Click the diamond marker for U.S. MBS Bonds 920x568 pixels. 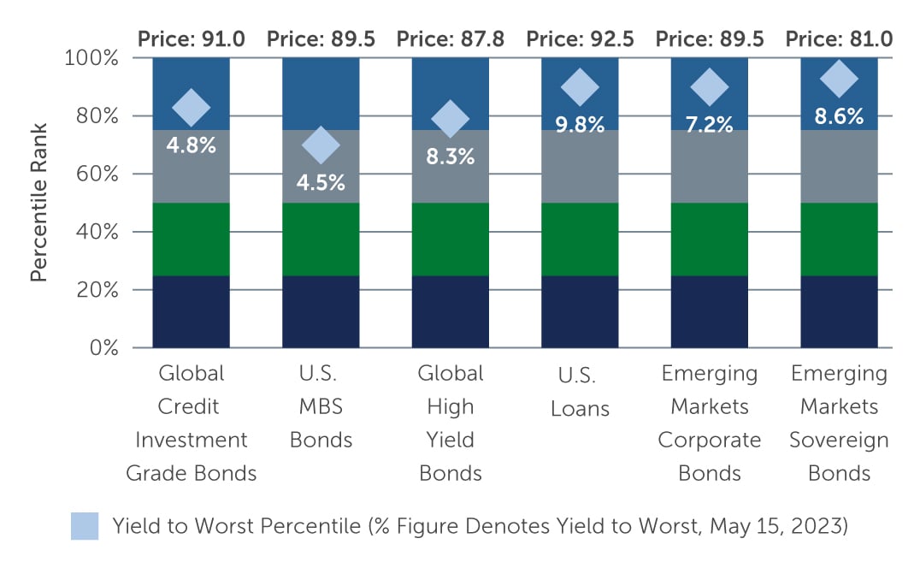[x=321, y=145]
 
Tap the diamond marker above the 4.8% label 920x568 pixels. [x=192, y=108]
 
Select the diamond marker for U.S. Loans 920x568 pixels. [x=581, y=86]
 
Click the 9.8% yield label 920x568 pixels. [x=581, y=124]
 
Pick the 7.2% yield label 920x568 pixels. [x=709, y=124]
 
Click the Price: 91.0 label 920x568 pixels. [x=192, y=38]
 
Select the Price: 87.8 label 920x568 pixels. [x=451, y=38]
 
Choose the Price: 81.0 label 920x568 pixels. [x=839, y=38]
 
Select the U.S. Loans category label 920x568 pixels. [x=581, y=392]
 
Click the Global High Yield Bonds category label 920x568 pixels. [x=451, y=423]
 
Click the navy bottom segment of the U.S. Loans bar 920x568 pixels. [x=581, y=311]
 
